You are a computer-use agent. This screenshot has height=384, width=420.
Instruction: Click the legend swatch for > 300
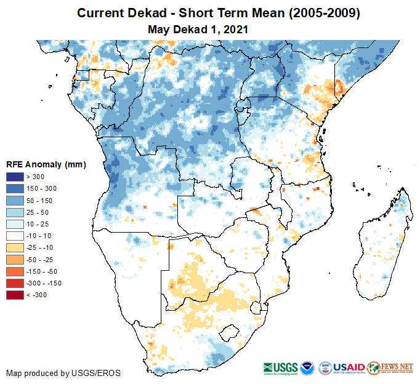click(15, 177)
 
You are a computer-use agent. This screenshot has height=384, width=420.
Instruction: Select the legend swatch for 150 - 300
click(15, 189)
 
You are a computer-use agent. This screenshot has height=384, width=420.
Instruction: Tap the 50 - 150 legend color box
click(15, 201)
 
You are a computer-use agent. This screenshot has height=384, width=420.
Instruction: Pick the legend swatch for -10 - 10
click(15, 236)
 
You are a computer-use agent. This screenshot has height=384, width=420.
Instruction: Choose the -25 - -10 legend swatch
click(15, 247)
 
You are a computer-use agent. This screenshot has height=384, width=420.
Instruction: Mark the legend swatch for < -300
click(15, 295)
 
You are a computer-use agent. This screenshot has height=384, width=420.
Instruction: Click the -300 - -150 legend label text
click(44, 283)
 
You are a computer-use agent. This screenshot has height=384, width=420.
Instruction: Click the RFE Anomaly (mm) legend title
click(46, 164)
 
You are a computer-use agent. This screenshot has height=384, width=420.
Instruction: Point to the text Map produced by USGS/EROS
click(63, 373)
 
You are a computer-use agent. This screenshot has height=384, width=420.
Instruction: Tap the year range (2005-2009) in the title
click(320, 13)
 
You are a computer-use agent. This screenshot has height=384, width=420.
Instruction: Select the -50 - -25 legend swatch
click(15, 260)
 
